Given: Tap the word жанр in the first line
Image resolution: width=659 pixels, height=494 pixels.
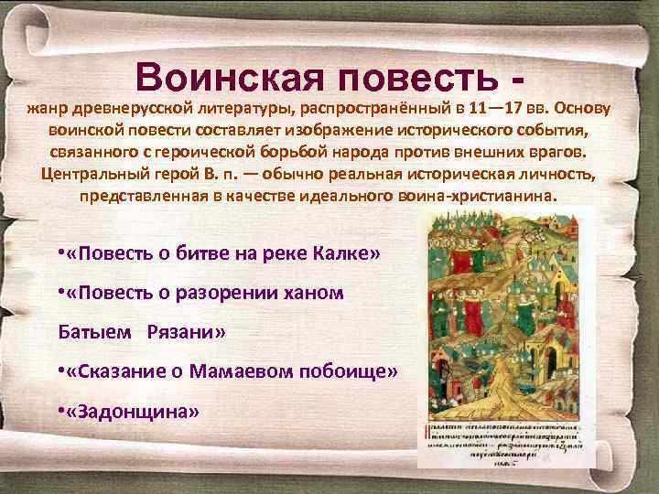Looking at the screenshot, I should coord(46,109).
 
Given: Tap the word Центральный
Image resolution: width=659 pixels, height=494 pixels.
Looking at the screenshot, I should coord(93,173).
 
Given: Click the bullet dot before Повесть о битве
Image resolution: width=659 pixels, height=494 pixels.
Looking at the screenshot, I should coord(59,252).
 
